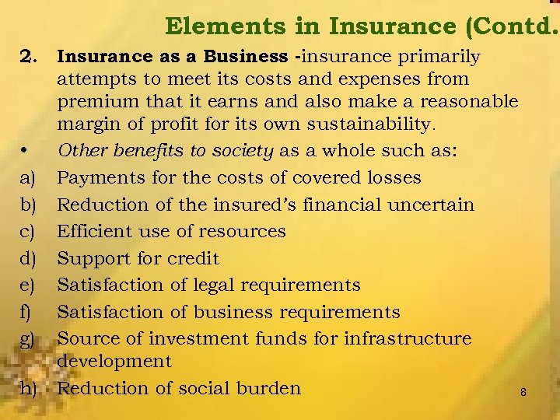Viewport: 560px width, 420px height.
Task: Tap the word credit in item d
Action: coord(194,258)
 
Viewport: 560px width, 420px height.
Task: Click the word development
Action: coord(114,361)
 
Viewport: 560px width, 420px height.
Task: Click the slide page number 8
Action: coord(523,392)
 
